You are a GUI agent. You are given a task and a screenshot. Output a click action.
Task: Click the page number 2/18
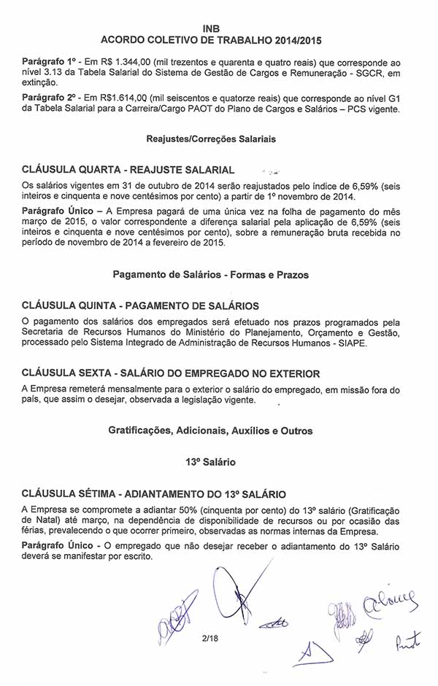pyautogui.click(x=211, y=639)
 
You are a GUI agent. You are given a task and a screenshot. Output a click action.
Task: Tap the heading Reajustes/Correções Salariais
pyautogui.click(x=211, y=138)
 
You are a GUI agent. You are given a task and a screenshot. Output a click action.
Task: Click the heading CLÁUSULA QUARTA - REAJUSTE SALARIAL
pyautogui.click(x=128, y=169)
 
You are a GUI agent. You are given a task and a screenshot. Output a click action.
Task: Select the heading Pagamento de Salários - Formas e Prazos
pyautogui.click(x=211, y=275)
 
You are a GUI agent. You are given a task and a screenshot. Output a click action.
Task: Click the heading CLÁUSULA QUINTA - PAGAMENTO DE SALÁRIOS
pyautogui.click(x=140, y=306)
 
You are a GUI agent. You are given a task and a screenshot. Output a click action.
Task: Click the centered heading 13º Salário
pyautogui.click(x=211, y=461)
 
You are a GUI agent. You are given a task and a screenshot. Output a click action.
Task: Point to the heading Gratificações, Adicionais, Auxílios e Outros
pyautogui.click(x=211, y=431)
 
